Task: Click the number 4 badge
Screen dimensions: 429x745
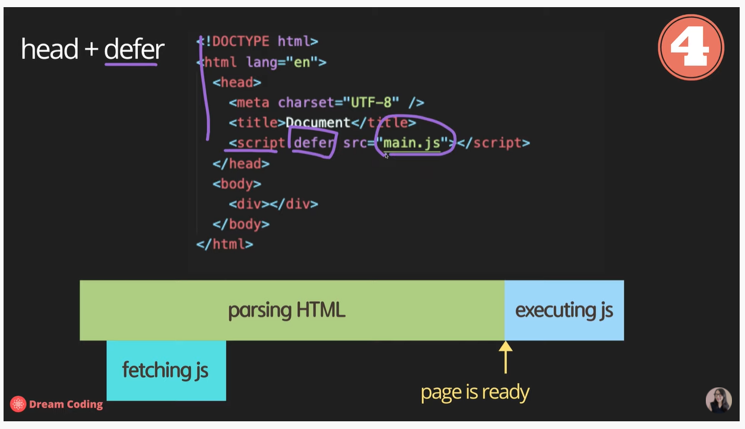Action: pyautogui.click(x=690, y=47)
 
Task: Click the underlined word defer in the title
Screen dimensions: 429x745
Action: pyautogui.click(x=134, y=49)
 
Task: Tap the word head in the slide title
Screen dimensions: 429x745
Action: pyautogui.click(x=50, y=49)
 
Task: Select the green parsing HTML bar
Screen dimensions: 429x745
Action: pyautogui.click(x=291, y=310)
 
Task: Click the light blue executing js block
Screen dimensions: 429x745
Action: pyautogui.click(x=564, y=310)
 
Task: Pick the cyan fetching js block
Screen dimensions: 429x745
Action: pyautogui.click(x=166, y=370)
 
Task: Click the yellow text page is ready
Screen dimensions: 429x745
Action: pyautogui.click(x=475, y=392)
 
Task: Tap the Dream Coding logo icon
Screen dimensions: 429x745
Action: pyautogui.click(x=18, y=404)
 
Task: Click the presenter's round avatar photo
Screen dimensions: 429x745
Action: pyautogui.click(x=718, y=400)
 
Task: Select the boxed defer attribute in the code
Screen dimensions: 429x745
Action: pyautogui.click(x=313, y=143)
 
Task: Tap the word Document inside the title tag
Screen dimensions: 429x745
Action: pyautogui.click(x=318, y=122)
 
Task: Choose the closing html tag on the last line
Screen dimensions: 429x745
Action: pyautogui.click(x=225, y=244)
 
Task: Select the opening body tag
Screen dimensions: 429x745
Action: pyautogui.click(x=237, y=184)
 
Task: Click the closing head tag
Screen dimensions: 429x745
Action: pyautogui.click(x=237, y=163)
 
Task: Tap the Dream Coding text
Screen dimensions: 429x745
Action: pyautogui.click(x=66, y=405)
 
